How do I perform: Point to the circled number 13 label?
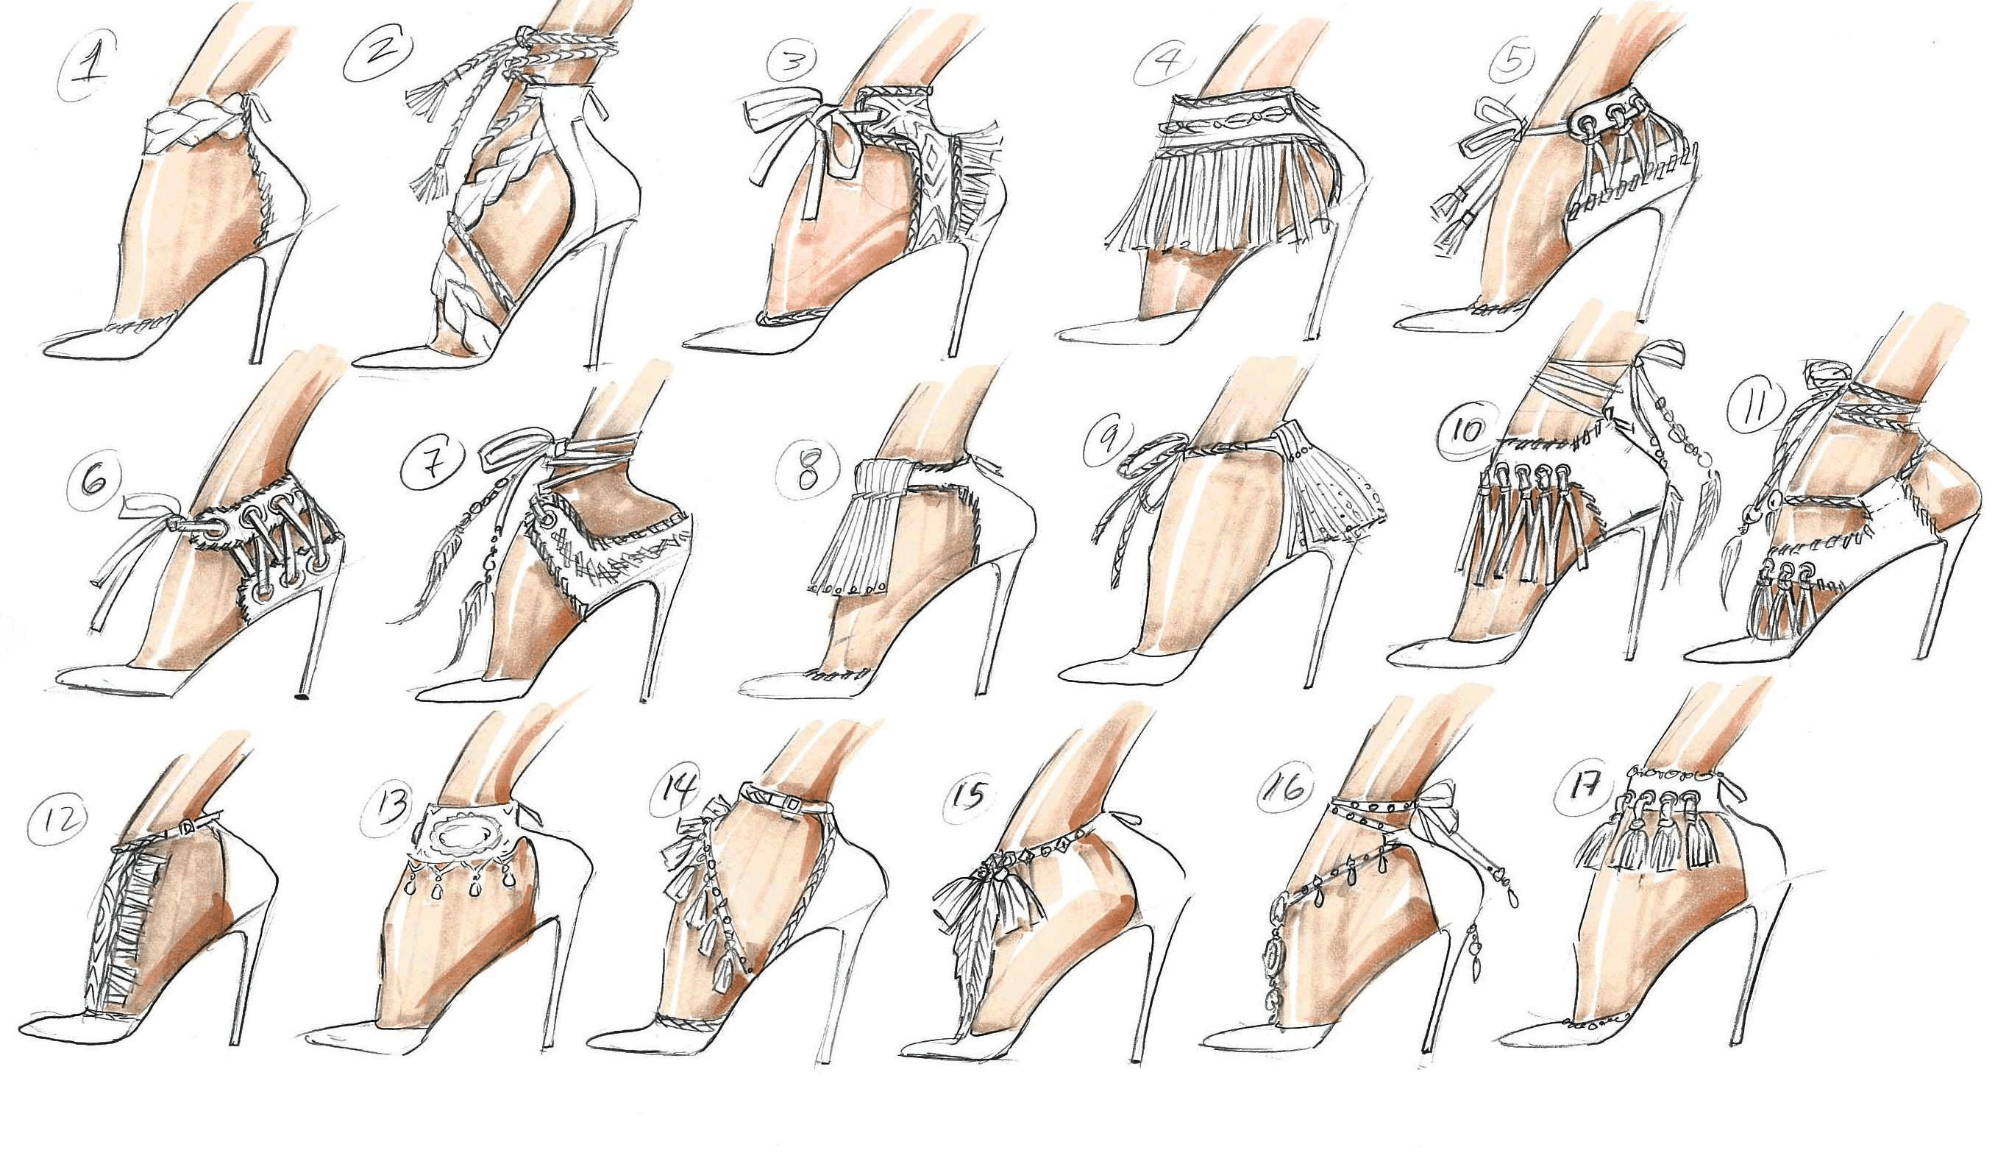point(391,805)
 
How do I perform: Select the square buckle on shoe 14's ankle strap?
point(793,805)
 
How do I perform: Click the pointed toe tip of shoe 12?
point(24,1024)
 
